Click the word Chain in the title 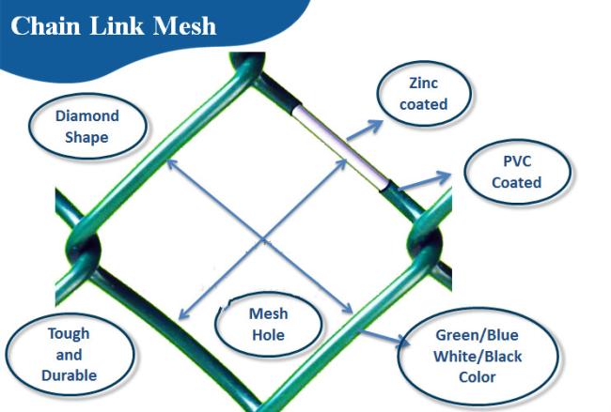(45, 26)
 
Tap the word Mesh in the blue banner (184, 26)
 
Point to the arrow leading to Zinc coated (365, 130)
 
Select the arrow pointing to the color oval (383, 337)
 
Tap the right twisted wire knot (425, 239)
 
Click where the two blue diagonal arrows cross (263, 238)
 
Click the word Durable (69, 375)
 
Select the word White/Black (478, 357)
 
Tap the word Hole (269, 335)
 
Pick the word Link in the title (117, 26)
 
